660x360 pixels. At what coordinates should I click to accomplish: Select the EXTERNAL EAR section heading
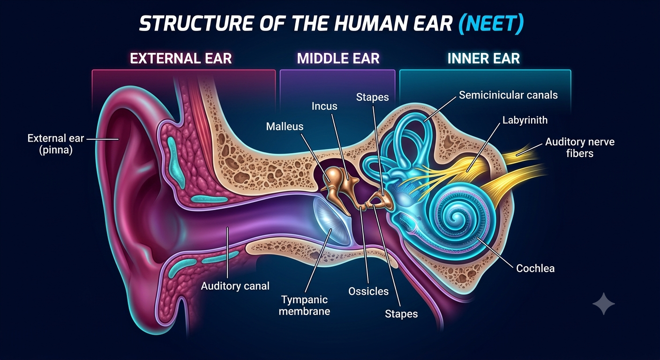[x=181, y=58]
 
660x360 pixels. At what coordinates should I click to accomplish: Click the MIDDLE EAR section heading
[x=338, y=58]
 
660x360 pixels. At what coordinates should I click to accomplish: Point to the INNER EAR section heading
[x=484, y=58]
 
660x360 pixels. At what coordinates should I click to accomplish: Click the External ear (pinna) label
[x=56, y=144]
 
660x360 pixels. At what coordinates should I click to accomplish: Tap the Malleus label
[x=285, y=127]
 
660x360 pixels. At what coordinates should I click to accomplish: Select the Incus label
[x=324, y=106]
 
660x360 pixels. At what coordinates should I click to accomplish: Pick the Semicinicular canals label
[x=508, y=95]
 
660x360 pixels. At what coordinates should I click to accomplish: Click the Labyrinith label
[x=525, y=120]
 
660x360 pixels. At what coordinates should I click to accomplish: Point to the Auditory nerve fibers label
[x=580, y=147]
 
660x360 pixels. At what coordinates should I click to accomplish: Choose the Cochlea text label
[x=535, y=268]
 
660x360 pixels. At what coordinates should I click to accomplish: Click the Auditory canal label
[x=235, y=286]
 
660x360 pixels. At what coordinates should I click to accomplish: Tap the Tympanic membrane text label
[x=304, y=306]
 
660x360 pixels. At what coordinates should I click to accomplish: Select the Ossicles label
[x=368, y=292]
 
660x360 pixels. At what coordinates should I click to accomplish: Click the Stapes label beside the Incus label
[x=373, y=97]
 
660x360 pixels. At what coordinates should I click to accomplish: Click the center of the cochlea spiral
[x=457, y=218]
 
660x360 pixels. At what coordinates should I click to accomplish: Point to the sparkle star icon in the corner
[x=604, y=304]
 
